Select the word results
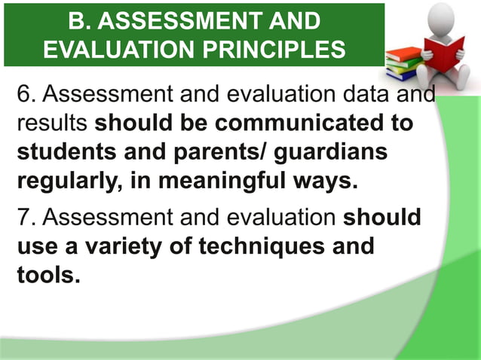(x=51, y=123)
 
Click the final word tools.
(x=47, y=274)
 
